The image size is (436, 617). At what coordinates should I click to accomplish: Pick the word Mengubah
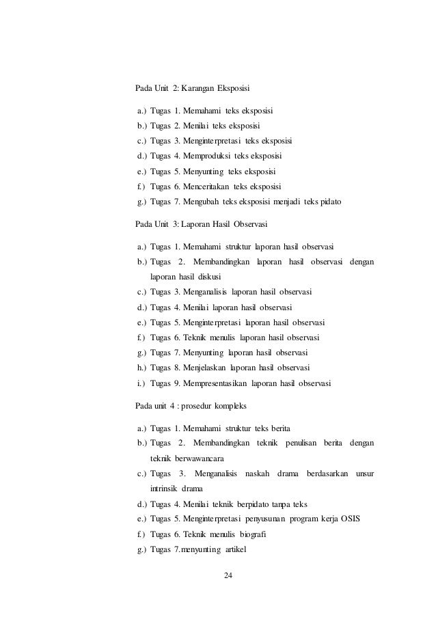click(x=197, y=203)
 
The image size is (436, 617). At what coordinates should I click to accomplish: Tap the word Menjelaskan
click(x=202, y=368)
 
